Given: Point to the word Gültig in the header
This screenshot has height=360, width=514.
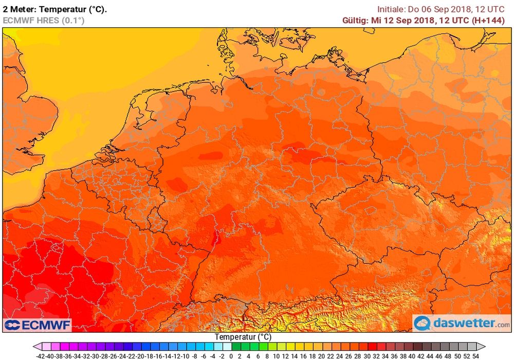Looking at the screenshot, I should (355, 21).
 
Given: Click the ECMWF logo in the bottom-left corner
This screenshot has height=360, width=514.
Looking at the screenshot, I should (37, 325).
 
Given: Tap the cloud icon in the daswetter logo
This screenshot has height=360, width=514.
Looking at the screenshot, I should (423, 323).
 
